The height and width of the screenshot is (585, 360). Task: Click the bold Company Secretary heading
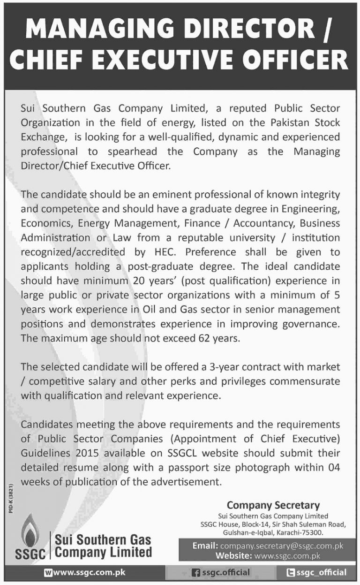[273, 505]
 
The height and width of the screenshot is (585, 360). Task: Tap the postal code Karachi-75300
[300, 533]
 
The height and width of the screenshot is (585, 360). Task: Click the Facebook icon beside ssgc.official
[197, 573]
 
